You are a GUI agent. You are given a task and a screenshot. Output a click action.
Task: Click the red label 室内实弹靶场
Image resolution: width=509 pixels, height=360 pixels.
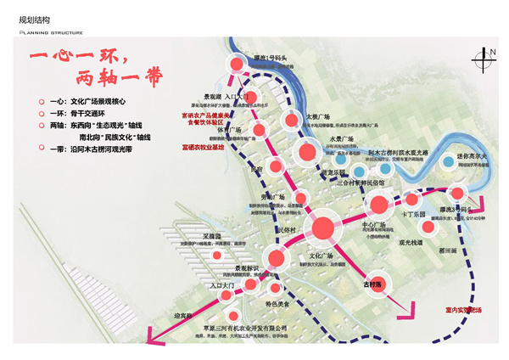click(457, 311)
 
